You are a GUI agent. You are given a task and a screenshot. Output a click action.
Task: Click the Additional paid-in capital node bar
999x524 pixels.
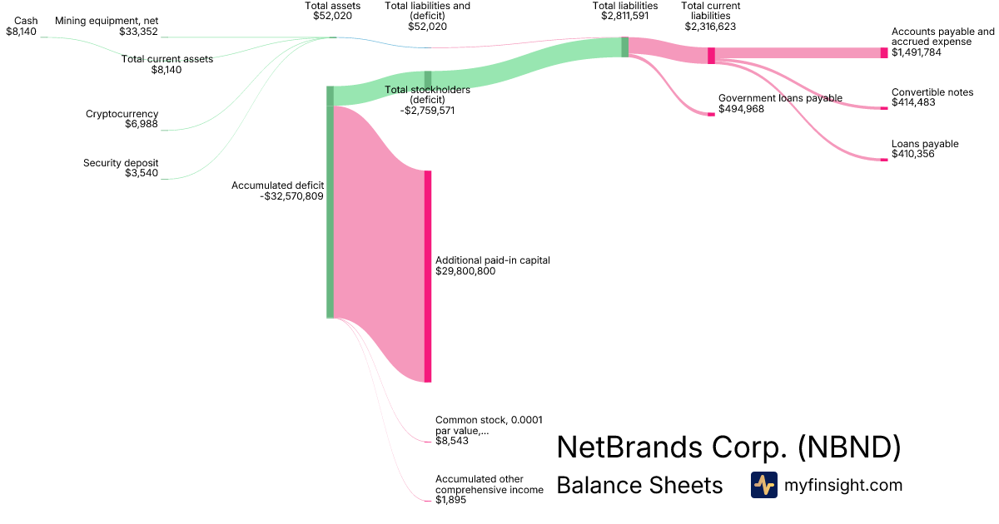tap(428, 276)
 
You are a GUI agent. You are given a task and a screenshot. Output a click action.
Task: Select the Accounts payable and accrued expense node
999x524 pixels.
tap(884, 52)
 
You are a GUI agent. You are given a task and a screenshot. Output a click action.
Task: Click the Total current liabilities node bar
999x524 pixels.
tap(711, 56)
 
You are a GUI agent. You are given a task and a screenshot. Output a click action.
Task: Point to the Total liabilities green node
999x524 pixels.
tap(624, 47)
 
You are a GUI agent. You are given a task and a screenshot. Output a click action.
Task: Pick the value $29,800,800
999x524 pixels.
tap(465, 271)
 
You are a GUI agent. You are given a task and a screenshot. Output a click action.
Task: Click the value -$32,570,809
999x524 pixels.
tap(291, 197)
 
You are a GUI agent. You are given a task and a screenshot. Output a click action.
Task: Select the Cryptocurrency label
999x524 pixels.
tap(122, 114)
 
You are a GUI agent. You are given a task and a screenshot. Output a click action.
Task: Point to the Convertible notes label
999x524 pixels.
tap(932, 92)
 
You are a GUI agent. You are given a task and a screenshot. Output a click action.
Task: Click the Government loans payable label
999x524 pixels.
tap(780, 98)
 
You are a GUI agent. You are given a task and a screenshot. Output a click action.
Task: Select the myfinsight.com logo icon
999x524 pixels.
tap(763, 485)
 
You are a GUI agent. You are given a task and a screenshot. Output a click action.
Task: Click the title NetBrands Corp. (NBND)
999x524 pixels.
tap(728, 447)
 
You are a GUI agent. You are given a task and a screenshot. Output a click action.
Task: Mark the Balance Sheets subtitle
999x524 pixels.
tap(639, 485)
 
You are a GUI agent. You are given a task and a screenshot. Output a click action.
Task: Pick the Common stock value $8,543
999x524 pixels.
tap(452, 441)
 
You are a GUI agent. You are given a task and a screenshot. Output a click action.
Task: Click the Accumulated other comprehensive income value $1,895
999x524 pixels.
tap(452, 500)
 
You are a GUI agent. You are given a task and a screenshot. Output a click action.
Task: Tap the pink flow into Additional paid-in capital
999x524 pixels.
tap(379, 241)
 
